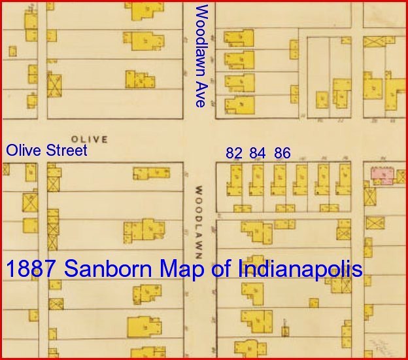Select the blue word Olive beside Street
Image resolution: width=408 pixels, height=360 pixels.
(x=25, y=151)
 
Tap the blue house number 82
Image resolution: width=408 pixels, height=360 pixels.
(x=234, y=153)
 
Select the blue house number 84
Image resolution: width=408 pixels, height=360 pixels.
(x=258, y=153)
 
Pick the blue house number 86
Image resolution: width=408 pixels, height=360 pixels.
(x=282, y=153)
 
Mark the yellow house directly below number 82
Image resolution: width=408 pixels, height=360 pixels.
(x=235, y=179)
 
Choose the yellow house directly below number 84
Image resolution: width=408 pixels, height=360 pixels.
(x=257, y=179)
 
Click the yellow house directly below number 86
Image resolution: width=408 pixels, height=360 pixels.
(x=279, y=179)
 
